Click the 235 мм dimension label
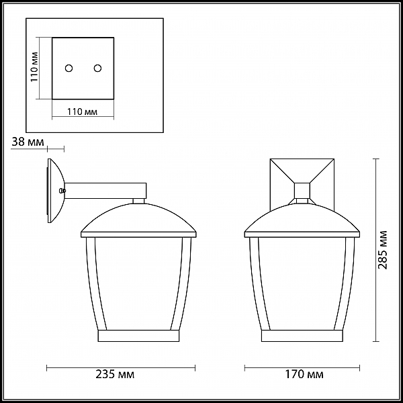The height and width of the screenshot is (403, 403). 115,374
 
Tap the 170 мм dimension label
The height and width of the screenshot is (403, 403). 304,374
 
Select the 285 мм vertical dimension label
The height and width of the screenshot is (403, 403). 382,250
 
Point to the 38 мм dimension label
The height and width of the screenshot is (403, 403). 28,142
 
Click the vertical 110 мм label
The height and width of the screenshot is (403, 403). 34,67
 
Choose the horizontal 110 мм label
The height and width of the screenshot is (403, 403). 82,111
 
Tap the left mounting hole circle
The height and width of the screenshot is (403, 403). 69,68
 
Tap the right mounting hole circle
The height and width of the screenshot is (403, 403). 97,68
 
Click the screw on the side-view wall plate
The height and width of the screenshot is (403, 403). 62,191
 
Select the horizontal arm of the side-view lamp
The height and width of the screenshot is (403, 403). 105,191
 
